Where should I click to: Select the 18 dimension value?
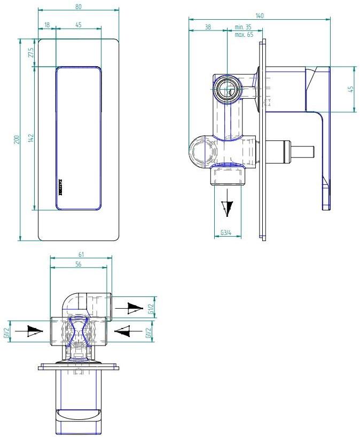pyautogui.click(x=48, y=25)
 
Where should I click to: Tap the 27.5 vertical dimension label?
pyautogui.click(x=30, y=53)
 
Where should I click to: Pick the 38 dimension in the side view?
pyautogui.click(x=208, y=27)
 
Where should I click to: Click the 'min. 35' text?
pyautogui.click(x=243, y=27)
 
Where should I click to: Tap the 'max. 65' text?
pyautogui.click(x=243, y=35)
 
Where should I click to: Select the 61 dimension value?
pyautogui.click(x=81, y=255)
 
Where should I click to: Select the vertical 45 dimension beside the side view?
pyautogui.click(x=351, y=89)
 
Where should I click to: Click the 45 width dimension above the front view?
pyautogui.click(x=79, y=25)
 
